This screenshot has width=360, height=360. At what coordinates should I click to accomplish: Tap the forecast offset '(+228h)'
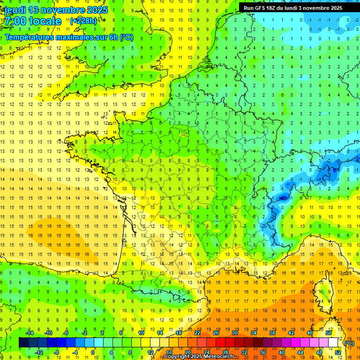pyautogui.click(x=83, y=21)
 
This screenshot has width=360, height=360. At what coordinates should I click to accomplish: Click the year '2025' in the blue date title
pyautogui.click(x=97, y=10)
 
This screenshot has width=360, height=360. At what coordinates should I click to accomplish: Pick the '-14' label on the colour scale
pyautogui.click(x=30, y=333)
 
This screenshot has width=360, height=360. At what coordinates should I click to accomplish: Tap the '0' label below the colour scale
pyautogui.click(x=93, y=352)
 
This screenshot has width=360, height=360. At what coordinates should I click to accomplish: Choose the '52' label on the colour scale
pyautogui.click(x=338, y=352)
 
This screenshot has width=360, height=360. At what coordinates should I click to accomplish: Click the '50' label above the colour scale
pyautogui.click(x=328, y=333)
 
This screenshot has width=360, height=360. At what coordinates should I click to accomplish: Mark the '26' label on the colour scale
pyautogui.click(x=216, y=333)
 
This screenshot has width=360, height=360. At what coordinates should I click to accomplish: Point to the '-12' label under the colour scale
pyautogui.click(x=39, y=352)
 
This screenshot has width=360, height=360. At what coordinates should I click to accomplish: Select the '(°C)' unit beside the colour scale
pyautogui.click(x=349, y=343)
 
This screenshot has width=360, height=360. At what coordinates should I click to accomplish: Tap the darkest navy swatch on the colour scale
pyautogui.click(x=23, y=343)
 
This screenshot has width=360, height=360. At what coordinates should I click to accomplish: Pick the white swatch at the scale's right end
pyautogui.click(x=333, y=343)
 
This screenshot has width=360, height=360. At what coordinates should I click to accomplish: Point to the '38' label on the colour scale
pyautogui.click(x=272, y=333)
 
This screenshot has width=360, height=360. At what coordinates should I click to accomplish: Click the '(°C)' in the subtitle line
pyautogui.click(x=126, y=37)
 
